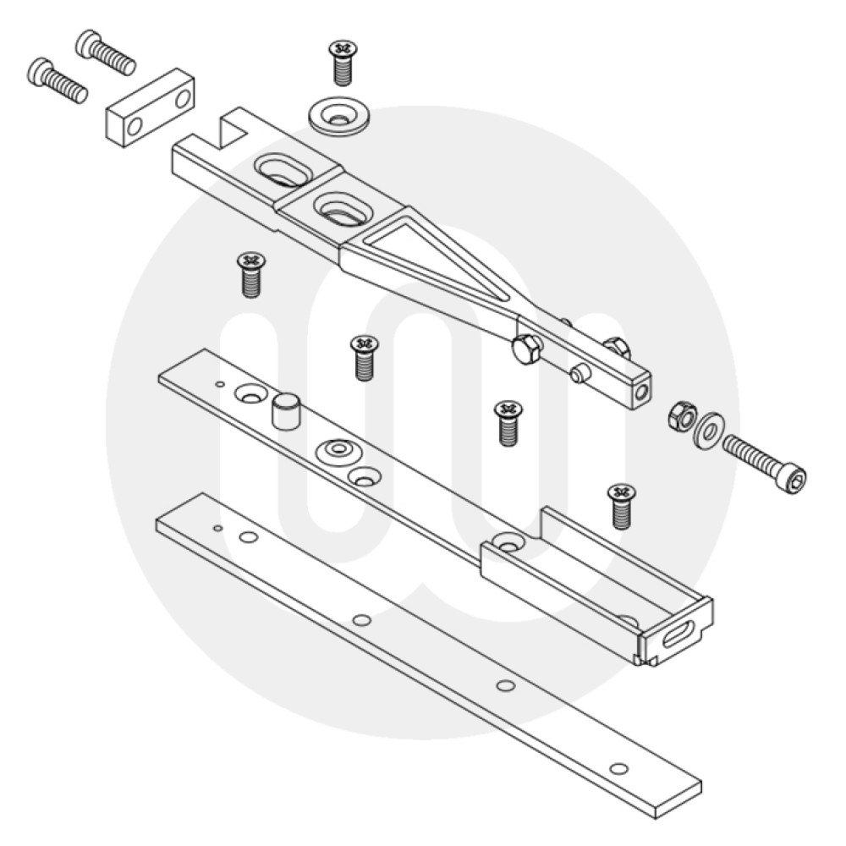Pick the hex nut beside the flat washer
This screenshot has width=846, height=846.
click(681, 415)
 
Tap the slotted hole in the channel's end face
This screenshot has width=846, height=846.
click(679, 634)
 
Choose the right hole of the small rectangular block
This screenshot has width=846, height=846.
click(182, 99)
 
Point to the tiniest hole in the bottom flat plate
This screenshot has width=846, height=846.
click(217, 528)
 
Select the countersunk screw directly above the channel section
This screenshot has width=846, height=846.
click(621, 505)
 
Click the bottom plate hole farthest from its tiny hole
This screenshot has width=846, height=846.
click(619, 768)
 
